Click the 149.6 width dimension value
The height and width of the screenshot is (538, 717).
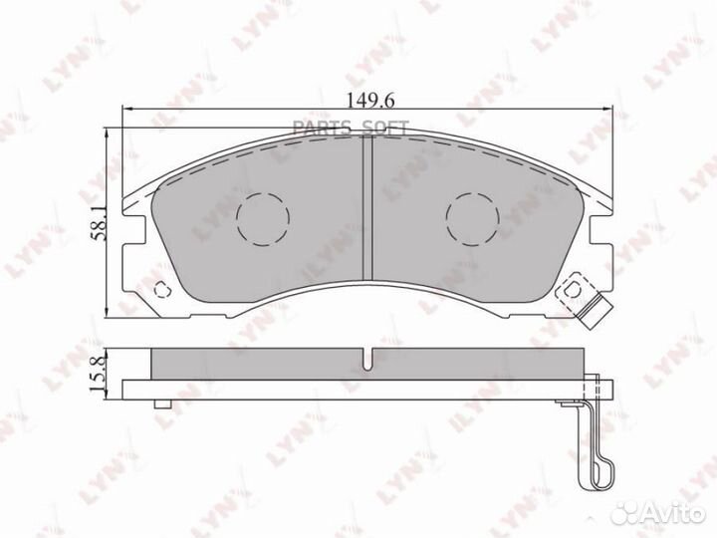pyautogui.click(x=370, y=101)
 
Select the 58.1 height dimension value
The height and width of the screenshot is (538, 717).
pyautogui.click(x=99, y=223)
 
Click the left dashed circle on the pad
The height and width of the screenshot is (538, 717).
pyautogui.click(x=263, y=219)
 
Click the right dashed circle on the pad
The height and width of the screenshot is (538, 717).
pyautogui.click(x=473, y=219)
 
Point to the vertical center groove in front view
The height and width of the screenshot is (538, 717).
pyautogui.click(x=368, y=208)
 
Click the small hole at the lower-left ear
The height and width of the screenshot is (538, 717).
pyautogui.click(x=162, y=290)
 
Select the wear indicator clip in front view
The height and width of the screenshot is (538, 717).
pyautogui.click(x=581, y=297)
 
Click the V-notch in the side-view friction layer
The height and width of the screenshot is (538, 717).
pyautogui.click(x=368, y=359)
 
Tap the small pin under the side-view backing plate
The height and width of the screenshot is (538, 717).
pyautogui.click(x=162, y=403)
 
